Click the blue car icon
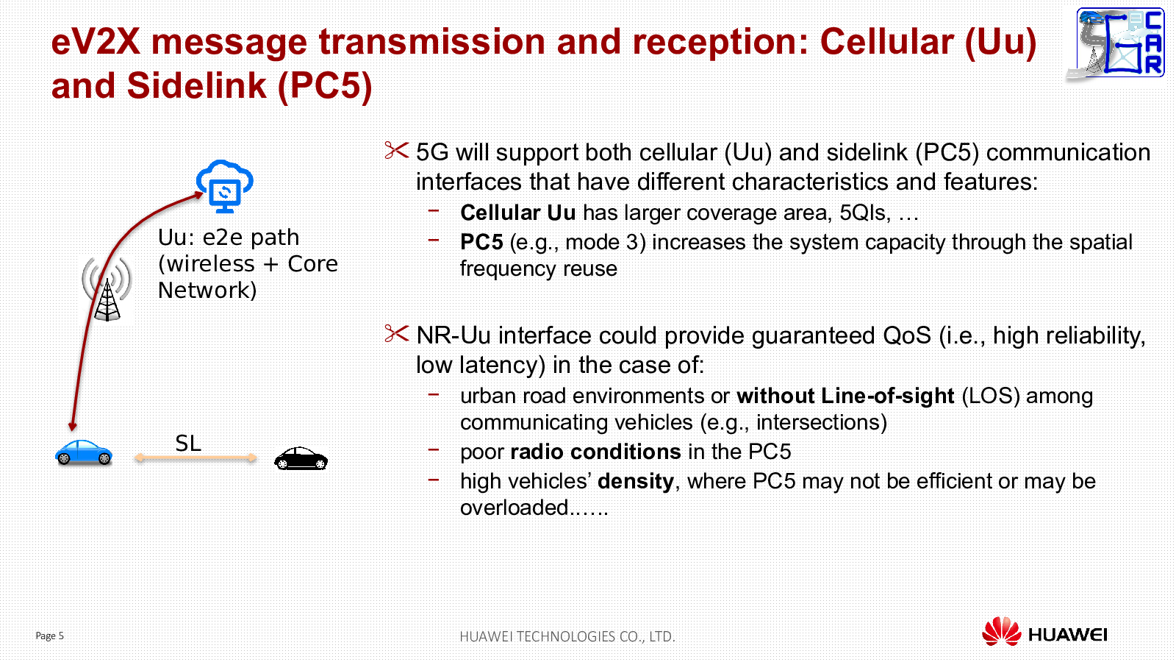pos(84,452)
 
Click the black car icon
pos(301,458)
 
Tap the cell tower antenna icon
pos(107,289)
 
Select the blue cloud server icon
pos(225,187)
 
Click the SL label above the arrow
pos(188,444)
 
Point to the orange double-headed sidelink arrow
pos(196,458)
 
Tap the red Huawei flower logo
pos(1001,631)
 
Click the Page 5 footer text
pos(49,636)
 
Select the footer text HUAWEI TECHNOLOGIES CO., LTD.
pos(567,636)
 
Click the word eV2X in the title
pos(96,42)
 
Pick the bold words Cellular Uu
pos(517,213)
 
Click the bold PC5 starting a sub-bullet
pos(481,242)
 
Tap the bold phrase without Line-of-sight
pos(845,396)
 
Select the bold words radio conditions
pos(595,452)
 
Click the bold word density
pos(635,482)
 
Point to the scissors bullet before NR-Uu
pos(396,334)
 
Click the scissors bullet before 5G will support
pos(396,150)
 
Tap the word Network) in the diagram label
pos(207,291)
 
